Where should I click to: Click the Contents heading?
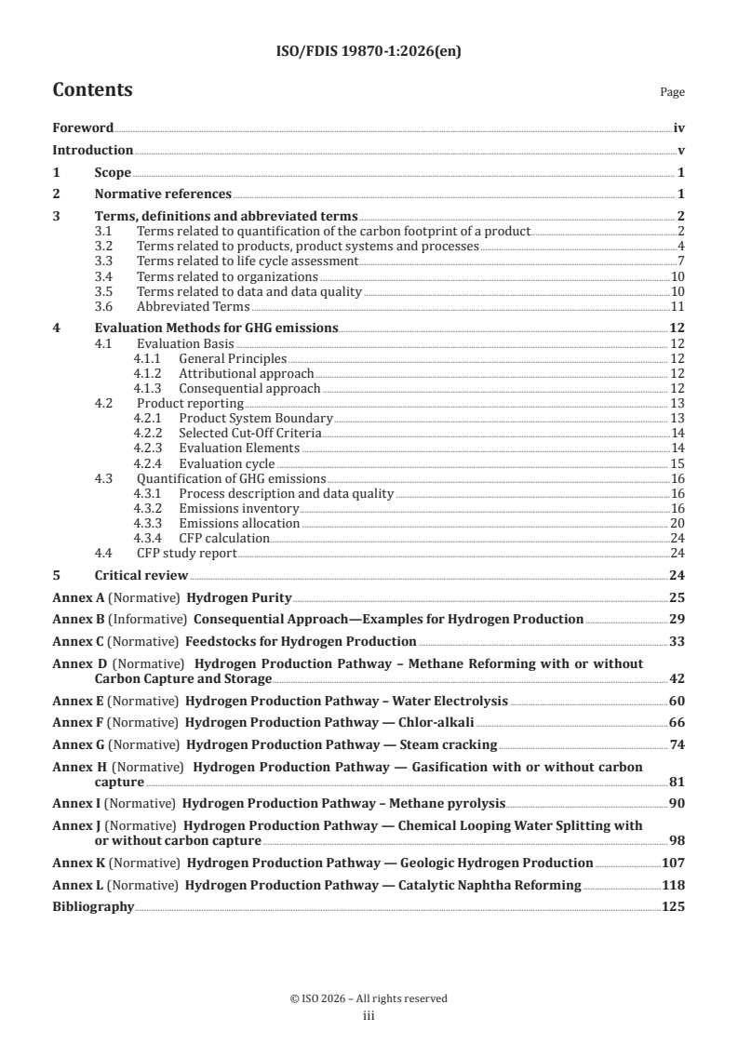tap(92, 90)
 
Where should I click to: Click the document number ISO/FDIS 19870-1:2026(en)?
tap(369, 52)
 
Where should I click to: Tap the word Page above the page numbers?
tap(672, 92)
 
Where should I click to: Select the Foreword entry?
tap(83, 128)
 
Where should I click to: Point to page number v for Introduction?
tap(681, 150)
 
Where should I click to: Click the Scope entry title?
tap(113, 172)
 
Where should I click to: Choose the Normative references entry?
tap(163, 194)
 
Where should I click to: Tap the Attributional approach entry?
tap(247, 373)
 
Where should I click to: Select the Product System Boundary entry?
tap(256, 418)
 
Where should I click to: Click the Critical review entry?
tap(141, 575)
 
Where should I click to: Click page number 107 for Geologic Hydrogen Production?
tap(673, 863)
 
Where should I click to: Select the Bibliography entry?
tap(93, 906)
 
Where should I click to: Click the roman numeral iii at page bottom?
tap(369, 1016)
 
